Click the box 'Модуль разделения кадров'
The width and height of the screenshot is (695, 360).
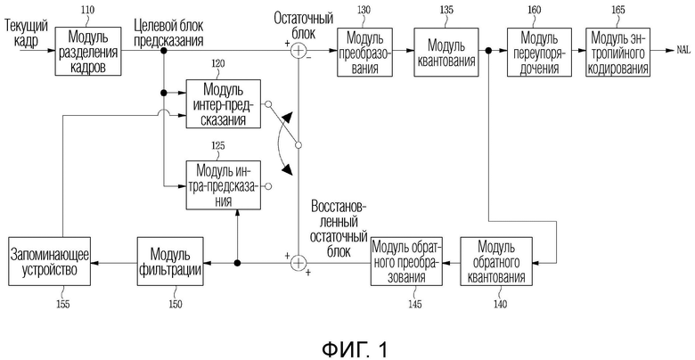click(87, 51)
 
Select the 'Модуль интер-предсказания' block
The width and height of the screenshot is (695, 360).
click(223, 103)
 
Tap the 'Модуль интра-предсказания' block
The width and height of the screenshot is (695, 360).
click(223, 184)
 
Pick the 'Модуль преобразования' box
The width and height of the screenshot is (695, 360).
click(365, 53)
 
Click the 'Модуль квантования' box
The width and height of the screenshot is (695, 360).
click(446, 53)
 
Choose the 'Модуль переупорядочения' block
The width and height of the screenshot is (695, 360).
click(538, 53)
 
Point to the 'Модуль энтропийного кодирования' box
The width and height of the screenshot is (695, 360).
click(618, 53)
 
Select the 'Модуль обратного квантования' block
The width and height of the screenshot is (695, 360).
click(496, 262)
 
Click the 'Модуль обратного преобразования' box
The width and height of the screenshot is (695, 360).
click(407, 262)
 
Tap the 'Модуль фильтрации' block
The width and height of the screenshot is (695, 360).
click(170, 262)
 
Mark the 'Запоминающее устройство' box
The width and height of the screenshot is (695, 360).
click(49, 262)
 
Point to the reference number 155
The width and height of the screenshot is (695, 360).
click(62, 304)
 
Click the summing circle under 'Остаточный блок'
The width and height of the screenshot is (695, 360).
click(298, 50)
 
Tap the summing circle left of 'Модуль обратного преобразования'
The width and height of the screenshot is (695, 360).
click(298, 263)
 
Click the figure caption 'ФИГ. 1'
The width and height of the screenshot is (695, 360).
click(355, 349)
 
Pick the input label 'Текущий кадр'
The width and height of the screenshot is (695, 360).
click(26, 33)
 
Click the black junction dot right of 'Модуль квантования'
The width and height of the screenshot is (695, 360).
click(488, 51)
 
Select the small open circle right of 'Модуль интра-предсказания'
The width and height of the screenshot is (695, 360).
click(267, 186)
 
